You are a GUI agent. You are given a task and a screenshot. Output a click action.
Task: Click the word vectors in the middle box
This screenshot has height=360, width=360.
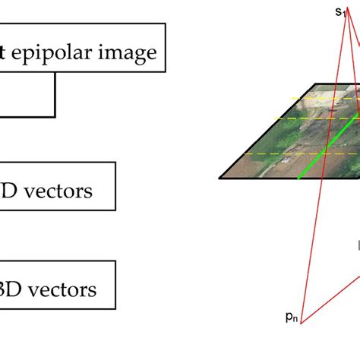coord(57,191)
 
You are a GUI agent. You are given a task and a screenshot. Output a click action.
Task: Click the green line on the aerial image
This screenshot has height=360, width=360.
coord(319,156)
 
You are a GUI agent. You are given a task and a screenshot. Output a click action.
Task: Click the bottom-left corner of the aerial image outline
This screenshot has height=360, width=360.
coord(219,178)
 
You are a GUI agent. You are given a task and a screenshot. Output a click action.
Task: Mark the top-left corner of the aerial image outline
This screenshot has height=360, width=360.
coord(292,82)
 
